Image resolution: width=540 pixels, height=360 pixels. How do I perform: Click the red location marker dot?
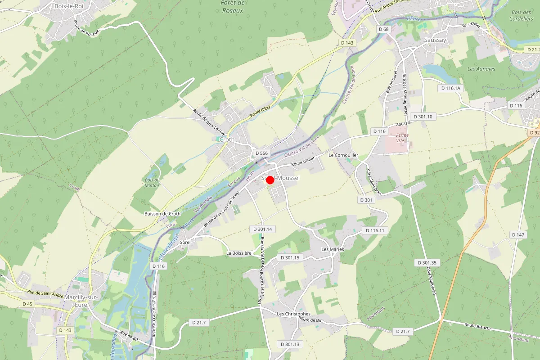coord(270,180)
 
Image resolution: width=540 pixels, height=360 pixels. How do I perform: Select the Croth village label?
coord(226,140)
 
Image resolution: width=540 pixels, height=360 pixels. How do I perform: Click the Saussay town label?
coord(435,40)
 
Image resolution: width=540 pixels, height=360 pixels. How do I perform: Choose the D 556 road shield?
coord(261,153)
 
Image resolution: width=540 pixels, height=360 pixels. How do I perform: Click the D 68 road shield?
coord(383,29)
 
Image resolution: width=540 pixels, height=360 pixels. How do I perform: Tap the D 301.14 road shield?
coord(262,229)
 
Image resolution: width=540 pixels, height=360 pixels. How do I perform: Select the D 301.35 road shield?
coord(427,262)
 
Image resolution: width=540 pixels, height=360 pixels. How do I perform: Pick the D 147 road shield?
coord(518,235)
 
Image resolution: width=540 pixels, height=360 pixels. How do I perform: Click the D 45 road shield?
coord(27,304)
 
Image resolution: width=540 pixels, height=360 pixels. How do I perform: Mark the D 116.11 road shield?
coord(375,230)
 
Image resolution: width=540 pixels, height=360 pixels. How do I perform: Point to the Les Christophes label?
coord(293,314)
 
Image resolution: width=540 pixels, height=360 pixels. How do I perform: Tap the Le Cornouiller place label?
coord(343,155)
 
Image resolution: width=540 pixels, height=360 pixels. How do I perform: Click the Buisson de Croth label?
coord(162,213)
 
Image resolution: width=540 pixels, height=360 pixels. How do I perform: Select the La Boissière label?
coord(238,253)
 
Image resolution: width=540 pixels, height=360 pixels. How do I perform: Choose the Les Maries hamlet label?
coord(333,249)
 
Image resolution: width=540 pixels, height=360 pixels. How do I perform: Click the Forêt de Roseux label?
coord(233,6)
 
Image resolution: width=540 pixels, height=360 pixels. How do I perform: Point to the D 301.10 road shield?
coord(421,117)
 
